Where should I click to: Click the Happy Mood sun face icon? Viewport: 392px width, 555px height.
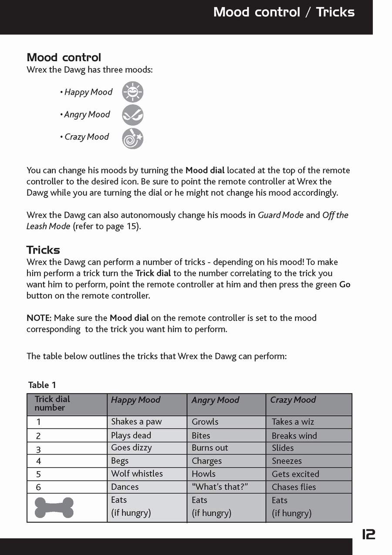tap(133, 92)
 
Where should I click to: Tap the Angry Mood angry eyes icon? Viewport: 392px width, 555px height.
tap(133, 115)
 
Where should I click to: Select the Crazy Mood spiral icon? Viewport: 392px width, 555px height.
tap(133, 138)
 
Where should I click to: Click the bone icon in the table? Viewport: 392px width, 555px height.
tap(54, 508)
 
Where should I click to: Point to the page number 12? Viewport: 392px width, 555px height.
tap(368, 535)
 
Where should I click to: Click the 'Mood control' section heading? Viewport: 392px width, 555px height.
tap(64, 57)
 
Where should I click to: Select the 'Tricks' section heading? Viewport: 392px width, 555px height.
tap(43, 250)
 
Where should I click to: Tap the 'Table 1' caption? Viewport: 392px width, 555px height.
tap(42, 385)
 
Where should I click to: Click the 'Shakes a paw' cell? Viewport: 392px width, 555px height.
tap(136, 421)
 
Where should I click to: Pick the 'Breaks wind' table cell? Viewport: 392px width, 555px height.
tap(294, 436)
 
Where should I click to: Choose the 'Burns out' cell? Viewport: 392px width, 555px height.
tap(210, 448)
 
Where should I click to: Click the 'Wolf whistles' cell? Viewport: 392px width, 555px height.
tap(137, 474)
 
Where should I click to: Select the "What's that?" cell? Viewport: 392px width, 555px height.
tap(220, 487)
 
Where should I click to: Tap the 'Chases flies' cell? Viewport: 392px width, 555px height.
tap(294, 487)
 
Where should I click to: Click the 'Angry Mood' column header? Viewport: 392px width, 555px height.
tap(216, 400)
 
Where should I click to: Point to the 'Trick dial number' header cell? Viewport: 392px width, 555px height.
tap(52, 404)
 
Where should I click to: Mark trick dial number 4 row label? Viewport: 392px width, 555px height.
tap(39, 461)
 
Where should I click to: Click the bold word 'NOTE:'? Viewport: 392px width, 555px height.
tap(39, 318)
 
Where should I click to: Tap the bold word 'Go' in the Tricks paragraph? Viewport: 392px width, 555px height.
tap(345, 285)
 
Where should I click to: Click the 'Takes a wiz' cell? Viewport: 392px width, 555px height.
tap(293, 422)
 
